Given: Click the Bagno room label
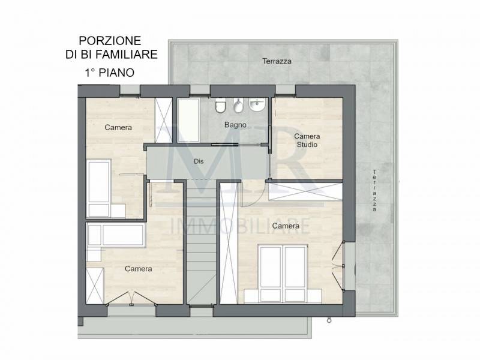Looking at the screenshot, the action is (x=235, y=125).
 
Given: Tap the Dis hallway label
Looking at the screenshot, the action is (x=199, y=161).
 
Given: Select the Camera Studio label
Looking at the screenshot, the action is (x=307, y=140).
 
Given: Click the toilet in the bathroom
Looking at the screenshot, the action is (x=220, y=106).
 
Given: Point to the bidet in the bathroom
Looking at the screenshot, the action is (x=238, y=106).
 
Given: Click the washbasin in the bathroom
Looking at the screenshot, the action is (x=257, y=104).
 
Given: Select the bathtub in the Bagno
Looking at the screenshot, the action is (x=188, y=120).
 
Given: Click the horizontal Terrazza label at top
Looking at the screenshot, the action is (x=277, y=61).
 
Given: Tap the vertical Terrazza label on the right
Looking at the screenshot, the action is (x=374, y=190).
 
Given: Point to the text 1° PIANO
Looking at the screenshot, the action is (x=110, y=73).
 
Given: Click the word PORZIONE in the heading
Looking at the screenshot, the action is (x=110, y=40).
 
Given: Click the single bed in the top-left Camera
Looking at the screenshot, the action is (x=99, y=188).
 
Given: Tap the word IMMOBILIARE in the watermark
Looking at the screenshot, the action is (x=239, y=226).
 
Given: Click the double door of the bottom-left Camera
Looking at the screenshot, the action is (x=131, y=299).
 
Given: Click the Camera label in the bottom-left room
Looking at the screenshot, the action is (x=139, y=269).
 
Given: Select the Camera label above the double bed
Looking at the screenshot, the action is (x=286, y=226).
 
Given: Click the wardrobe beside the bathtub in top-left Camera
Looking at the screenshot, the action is (x=164, y=120).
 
